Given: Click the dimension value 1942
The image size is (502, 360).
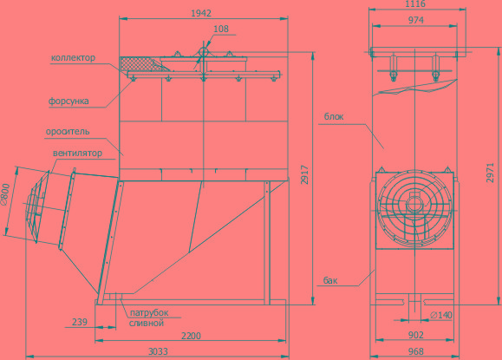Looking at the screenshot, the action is tap(201, 13).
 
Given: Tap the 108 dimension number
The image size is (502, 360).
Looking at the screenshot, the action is tap(221, 29).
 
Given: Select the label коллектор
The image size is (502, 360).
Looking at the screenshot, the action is tap(73, 57).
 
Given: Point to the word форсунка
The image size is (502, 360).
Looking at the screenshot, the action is tap(68, 101).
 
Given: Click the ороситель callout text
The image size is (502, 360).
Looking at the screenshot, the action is tap(68, 132).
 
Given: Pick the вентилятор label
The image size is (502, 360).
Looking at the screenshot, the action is tap(77, 153).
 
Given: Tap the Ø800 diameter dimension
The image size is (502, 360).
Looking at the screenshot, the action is tap(5, 194).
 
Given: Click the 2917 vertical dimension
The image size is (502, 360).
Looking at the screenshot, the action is tap(304, 175).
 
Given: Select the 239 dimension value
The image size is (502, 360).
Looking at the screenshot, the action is tap(80, 322).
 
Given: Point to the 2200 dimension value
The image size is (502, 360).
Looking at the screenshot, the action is tap(191, 336).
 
